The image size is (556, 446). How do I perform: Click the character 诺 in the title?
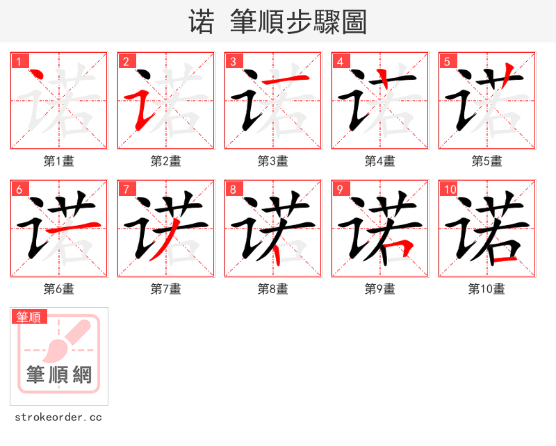click(x=202, y=22)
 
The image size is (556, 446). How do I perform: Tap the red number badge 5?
click(x=447, y=61)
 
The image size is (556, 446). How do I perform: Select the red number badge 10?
click(x=450, y=189)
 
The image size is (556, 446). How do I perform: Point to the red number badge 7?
click(x=126, y=189)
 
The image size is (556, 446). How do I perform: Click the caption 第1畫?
click(x=59, y=161)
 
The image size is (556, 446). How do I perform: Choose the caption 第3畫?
click(x=272, y=161)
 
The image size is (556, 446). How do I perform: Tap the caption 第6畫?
click(x=59, y=289)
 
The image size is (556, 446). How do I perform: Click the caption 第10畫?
click(x=486, y=289)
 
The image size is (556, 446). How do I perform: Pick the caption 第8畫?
click(x=272, y=289)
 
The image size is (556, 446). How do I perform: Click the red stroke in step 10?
click(x=504, y=260)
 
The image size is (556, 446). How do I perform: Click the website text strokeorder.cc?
click(x=58, y=418)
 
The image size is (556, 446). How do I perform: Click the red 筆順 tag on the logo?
click(x=29, y=317)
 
